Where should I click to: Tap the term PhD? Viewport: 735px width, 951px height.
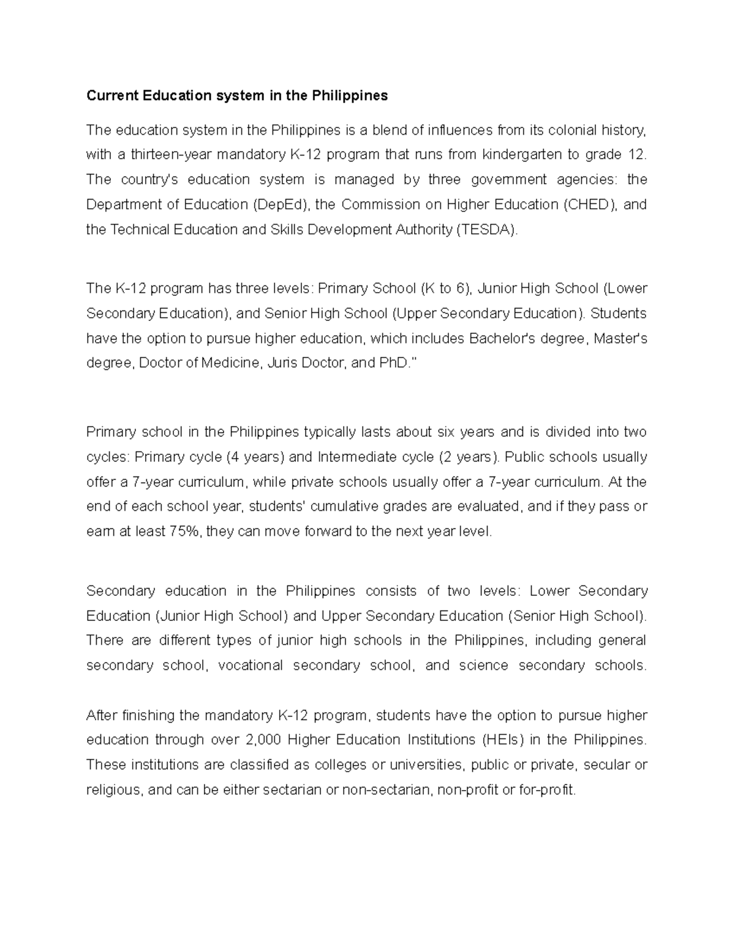click(394, 363)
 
